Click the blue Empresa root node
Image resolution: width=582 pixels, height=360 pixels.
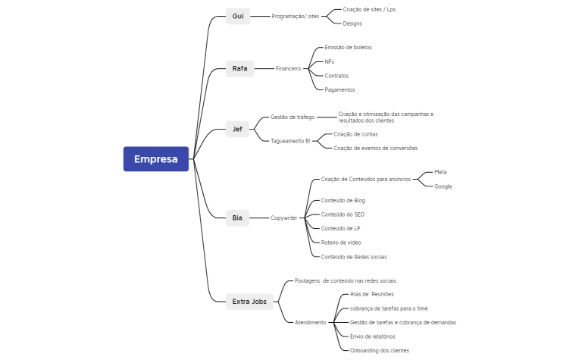pos(156,159)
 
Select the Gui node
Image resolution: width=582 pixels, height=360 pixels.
pos(238,16)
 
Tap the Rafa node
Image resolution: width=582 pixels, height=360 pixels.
pos(239,68)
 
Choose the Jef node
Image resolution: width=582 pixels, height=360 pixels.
pos(238,129)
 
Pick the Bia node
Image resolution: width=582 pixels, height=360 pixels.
pos(238,218)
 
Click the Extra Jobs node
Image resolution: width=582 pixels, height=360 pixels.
pos(250,302)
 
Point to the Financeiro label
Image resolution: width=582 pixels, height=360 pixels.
pos(288,68)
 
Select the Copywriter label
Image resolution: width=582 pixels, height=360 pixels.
pos(284,218)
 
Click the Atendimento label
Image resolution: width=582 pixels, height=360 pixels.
pos(310,322)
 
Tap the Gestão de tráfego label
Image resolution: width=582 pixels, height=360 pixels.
pos(293,117)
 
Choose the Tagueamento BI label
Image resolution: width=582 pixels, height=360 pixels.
pos(290,141)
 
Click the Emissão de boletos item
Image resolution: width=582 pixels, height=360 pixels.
pos(348,47)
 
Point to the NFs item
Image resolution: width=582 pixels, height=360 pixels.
pos(329,61)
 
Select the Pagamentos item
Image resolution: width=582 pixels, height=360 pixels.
pos(339,89)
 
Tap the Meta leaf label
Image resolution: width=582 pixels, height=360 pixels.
pos(440,172)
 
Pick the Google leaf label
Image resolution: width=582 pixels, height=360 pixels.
pos(443,186)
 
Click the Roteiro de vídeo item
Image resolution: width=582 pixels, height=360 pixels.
pos(341,243)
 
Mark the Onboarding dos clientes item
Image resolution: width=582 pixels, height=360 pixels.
pos(379,350)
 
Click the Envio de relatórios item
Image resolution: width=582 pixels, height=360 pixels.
pos(372,337)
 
